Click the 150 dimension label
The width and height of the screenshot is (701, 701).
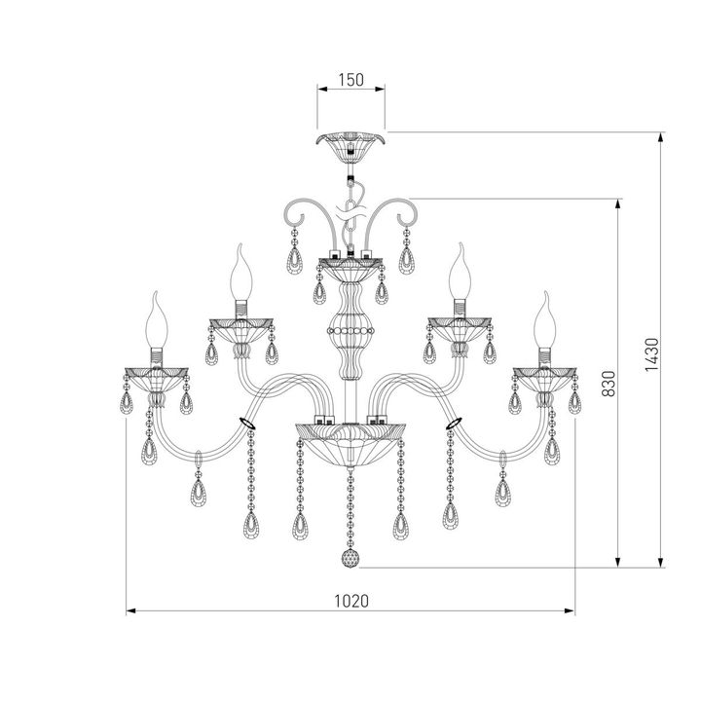[x=350, y=81]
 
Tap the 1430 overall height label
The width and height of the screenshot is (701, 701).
[x=651, y=351]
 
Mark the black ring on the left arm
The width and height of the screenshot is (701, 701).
[x=248, y=424]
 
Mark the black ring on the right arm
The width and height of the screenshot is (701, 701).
[x=453, y=424]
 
